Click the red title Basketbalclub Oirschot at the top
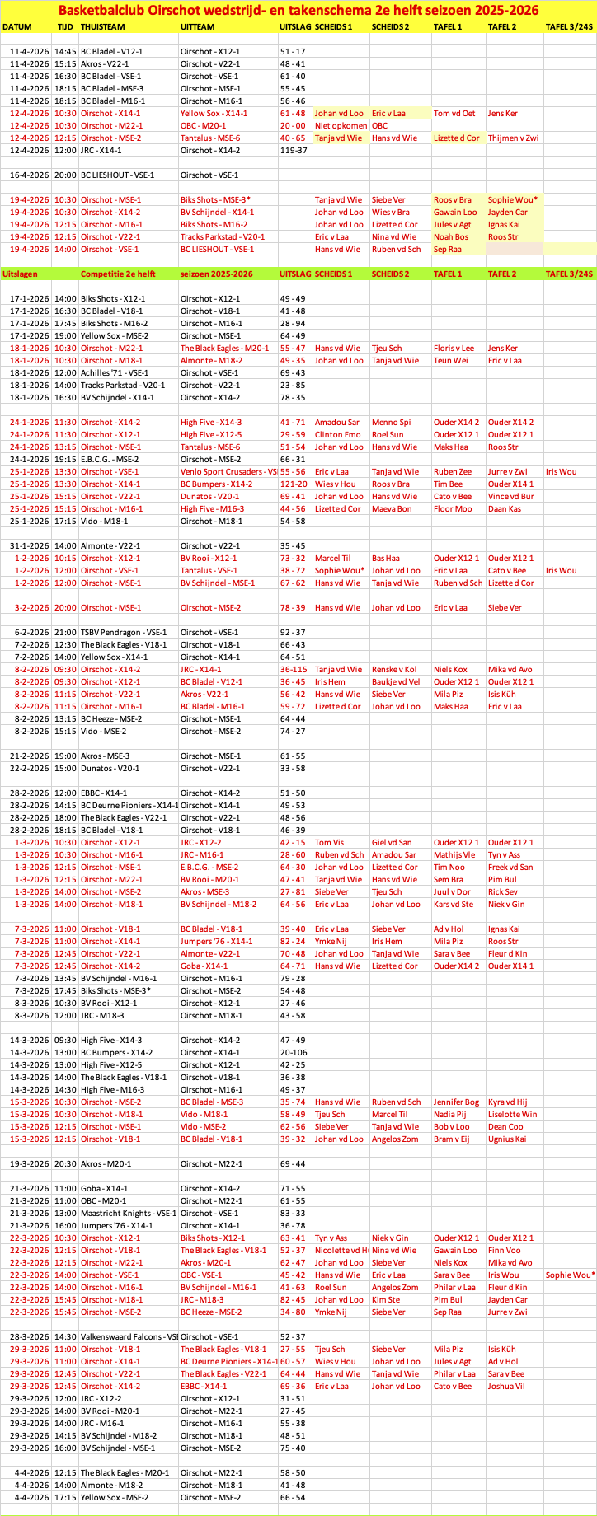coord(298,11)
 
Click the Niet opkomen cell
coord(341,125)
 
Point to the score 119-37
coord(294,150)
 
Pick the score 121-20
coord(294,484)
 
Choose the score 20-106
coord(294,1052)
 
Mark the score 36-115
coord(294,669)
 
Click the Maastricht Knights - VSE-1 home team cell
coord(128,1213)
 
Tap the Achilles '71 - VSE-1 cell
coord(115,372)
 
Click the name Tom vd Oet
coord(454,113)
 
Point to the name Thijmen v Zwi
coord(513,138)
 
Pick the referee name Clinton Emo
coord(338,434)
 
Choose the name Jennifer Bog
coord(456,1102)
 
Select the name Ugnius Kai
coord(507,1139)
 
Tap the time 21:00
coord(65,632)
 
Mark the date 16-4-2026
coord(30,175)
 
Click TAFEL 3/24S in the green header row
coord(569,273)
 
